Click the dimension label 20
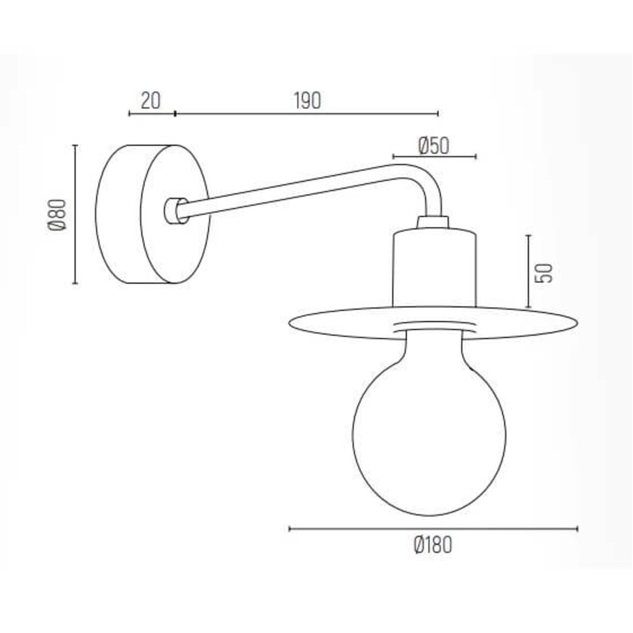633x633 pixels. pyautogui.click(x=150, y=100)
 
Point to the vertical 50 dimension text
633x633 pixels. pyautogui.click(x=543, y=272)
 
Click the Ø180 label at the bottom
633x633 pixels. pyautogui.click(x=433, y=545)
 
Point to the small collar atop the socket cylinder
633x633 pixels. pyautogui.click(x=432, y=222)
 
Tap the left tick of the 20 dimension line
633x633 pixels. pyautogui.click(x=129, y=113)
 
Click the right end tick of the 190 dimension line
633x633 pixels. pyautogui.click(x=438, y=113)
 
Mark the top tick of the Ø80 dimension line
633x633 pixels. pyautogui.click(x=75, y=146)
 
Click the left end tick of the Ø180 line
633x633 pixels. pyautogui.click(x=290, y=529)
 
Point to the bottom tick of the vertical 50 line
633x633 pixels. pyautogui.click(x=528, y=307)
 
